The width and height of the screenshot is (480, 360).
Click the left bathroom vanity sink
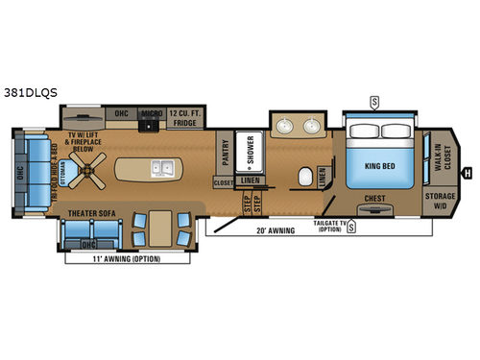tap(286, 129)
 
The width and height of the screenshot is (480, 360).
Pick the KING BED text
tap(380, 163)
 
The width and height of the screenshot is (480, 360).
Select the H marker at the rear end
tap(468, 174)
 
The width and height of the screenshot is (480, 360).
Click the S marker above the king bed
tap(373, 99)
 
